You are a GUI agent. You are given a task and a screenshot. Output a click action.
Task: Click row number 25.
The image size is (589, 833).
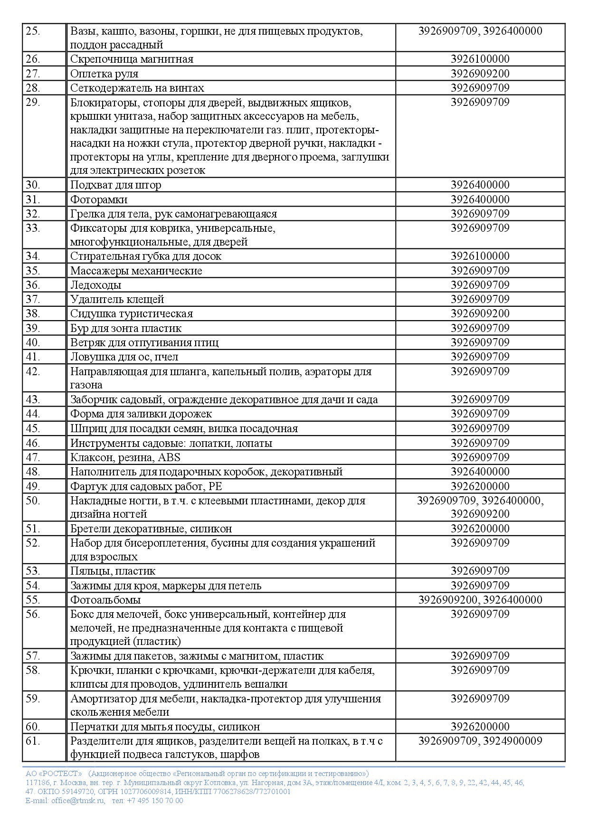point(33,32)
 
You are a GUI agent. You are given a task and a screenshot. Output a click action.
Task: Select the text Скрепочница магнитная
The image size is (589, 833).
point(132,59)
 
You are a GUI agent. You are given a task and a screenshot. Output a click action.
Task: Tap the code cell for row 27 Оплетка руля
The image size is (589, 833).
point(480,74)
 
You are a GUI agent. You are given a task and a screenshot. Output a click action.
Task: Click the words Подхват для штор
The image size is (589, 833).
point(115,185)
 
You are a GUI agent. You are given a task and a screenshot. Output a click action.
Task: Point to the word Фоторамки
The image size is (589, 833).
point(99,199)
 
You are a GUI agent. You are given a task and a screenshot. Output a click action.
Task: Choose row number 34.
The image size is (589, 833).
point(33,256)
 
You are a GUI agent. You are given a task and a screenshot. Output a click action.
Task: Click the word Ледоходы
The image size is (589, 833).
point(95,285)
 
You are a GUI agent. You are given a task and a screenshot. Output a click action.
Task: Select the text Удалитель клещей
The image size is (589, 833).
point(117,299)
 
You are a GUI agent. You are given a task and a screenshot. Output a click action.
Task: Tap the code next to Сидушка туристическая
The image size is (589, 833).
point(480,313)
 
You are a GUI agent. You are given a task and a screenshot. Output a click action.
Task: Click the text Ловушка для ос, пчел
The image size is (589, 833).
point(124,357)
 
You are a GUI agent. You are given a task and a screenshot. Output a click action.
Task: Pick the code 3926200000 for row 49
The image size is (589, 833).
point(480,486)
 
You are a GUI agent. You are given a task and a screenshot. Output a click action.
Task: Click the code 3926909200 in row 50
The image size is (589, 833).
point(480,514)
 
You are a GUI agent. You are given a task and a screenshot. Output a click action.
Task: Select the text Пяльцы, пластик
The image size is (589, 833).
point(113,571)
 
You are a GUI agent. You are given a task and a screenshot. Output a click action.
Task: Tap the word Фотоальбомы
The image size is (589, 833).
point(105,600)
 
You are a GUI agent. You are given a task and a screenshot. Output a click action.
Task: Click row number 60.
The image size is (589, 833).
point(33,727)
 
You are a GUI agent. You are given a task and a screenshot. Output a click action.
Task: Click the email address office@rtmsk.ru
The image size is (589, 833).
point(78,801)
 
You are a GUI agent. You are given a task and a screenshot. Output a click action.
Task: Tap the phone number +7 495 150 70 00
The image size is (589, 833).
point(155,801)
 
